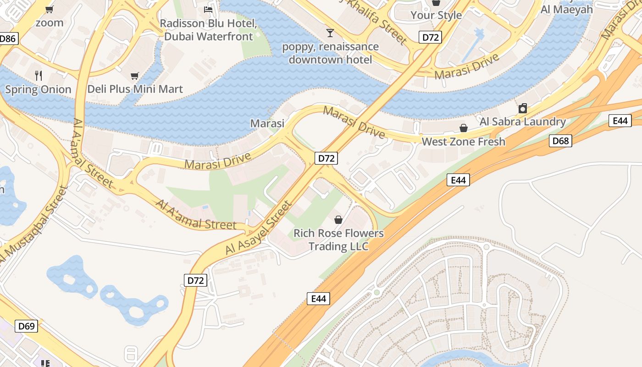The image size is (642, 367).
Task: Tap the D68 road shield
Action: (x=560, y=141)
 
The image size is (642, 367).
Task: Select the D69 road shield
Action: (x=26, y=327)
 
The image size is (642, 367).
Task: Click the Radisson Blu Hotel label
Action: (x=208, y=30)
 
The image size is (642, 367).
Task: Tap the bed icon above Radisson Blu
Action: (x=208, y=9)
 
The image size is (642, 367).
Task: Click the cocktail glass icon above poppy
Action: (x=330, y=33)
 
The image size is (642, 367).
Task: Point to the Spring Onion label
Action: (x=38, y=89)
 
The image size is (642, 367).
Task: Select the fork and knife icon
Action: (x=39, y=75)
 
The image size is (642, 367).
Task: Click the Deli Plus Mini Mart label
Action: (x=135, y=89)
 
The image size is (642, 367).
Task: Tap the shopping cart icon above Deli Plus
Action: (x=134, y=76)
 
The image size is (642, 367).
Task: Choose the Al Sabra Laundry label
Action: (x=522, y=122)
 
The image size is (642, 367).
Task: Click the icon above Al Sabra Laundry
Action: (x=522, y=108)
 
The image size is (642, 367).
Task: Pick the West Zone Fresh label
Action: (x=463, y=142)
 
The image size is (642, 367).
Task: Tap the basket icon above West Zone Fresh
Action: (x=464, y=128)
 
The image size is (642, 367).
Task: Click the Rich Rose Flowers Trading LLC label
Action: (x=338, y=239)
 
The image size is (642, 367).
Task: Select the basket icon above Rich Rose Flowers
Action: (x=338, y=220)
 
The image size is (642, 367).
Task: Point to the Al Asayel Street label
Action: (x=259, y=228)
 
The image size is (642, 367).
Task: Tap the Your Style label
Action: (x=436, y=15)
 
